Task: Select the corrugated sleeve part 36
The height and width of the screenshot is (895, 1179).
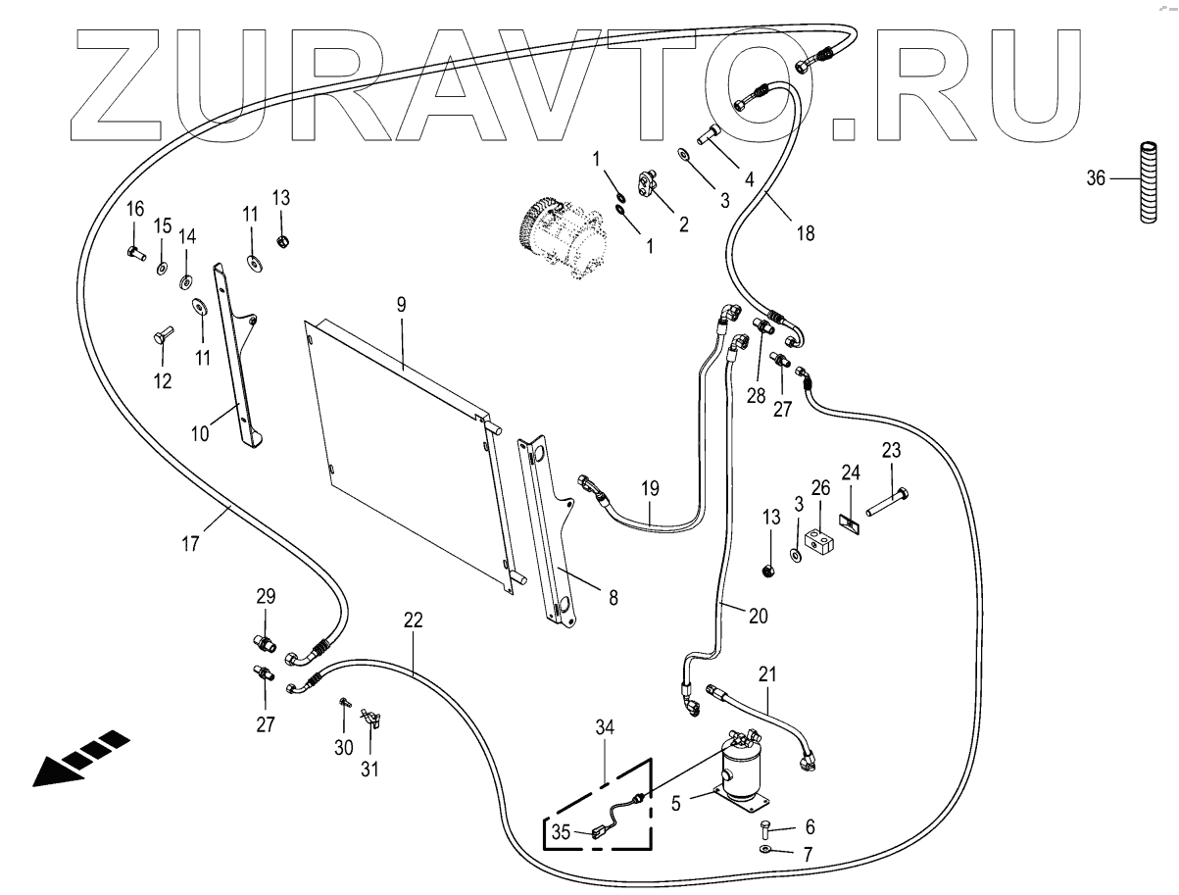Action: pyautogui.click(x=1146, y=200)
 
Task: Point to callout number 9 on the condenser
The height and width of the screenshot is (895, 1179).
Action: pyautogui.click(x=401, y=305)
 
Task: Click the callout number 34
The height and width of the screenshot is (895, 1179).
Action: pyautogui.click(x=605, y=726)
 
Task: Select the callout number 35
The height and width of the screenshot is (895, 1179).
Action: pyautogui.click(x=560, y=833)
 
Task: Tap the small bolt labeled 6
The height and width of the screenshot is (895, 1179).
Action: pyautogui.click(x=764, y=829)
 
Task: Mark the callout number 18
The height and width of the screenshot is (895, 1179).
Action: pyautogui.click(x=806, y=233)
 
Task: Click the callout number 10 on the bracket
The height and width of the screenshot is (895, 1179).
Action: pyautogui.click(x=201, y=433)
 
